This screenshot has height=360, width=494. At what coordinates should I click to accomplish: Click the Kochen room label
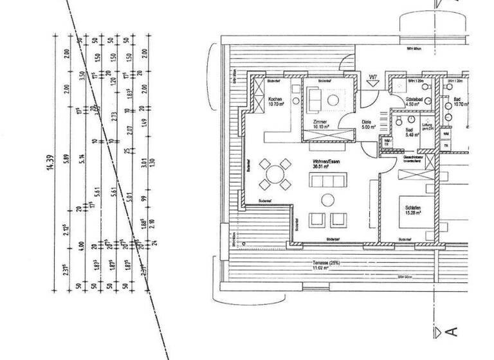(276, 100)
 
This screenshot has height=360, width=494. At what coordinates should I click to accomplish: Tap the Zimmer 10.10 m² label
(320, 124)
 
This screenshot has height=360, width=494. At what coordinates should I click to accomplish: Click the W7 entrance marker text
(372, 80)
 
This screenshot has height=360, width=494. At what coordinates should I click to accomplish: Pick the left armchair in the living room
(315, 219)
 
